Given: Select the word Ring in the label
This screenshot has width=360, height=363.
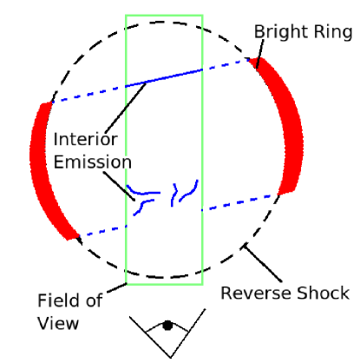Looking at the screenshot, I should point(335,32).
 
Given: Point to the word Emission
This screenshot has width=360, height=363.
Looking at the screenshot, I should point(92,162).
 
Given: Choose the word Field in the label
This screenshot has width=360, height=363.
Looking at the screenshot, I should point(58,301).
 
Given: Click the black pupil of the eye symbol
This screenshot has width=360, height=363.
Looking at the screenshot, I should point(167,326).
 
